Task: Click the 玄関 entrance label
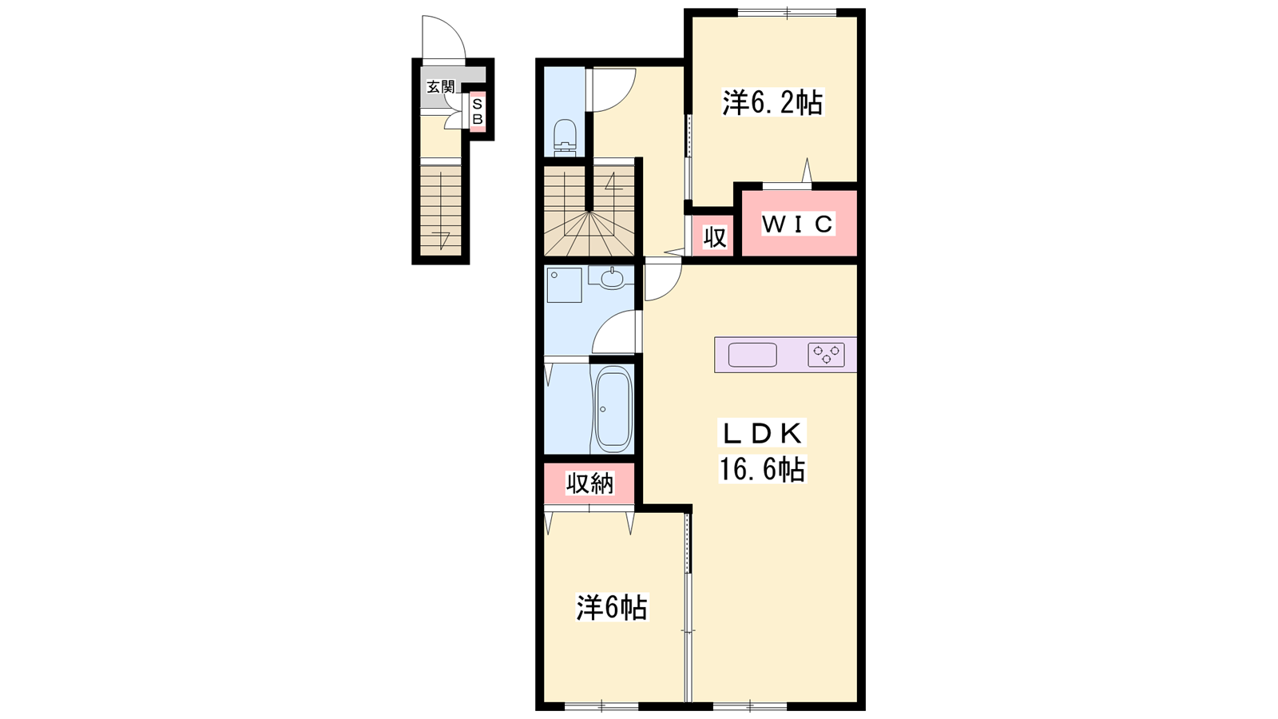[441, 87]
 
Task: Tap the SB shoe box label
[478, 112]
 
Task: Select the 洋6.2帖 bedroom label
[772, 103]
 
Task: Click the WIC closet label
[798, 224]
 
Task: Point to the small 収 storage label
[714, 236]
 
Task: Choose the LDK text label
[762, 435]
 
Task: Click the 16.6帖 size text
[762, 470]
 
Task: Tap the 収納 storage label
[590, 483]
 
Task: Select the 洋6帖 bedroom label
[612, 607]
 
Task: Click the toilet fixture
[566, 136]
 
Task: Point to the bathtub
[613, 407]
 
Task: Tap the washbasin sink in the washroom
[613, 279]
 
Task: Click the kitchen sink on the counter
[752, 355]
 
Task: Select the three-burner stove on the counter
[826, 355]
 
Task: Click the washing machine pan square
[564, 284]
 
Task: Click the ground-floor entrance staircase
[440, 211]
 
